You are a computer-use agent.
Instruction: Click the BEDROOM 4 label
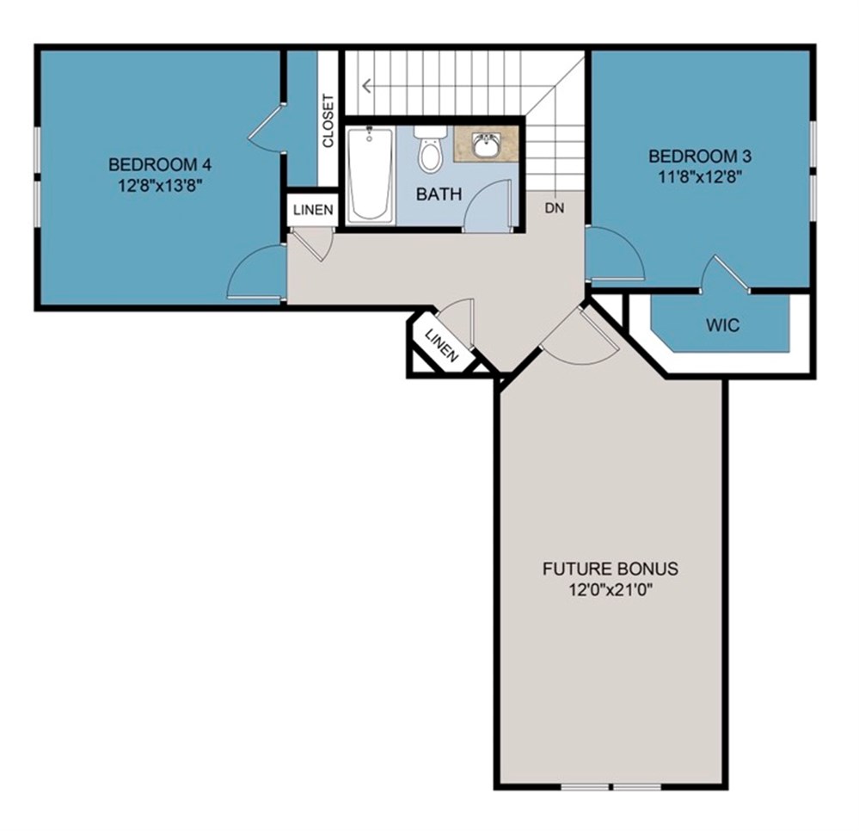coord(159,164)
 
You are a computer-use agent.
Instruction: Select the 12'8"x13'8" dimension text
coord(159,183)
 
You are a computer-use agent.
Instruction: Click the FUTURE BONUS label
coord(611,569)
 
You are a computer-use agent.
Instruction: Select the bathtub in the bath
coord(370,174)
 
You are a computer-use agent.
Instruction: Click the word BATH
coord(439,194)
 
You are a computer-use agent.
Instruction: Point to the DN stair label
coord(555,208)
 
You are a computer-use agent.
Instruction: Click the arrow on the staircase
coord(368,85)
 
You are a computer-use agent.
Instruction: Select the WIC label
coord(723,326)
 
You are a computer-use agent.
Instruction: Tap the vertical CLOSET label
coord(328,120)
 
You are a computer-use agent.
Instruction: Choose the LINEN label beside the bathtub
coord(313,210)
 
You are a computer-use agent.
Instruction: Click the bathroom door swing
coord(490,206)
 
